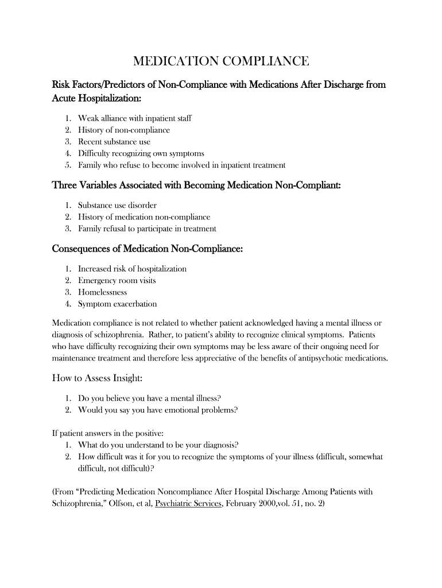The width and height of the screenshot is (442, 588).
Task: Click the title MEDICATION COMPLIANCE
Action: [221, 61]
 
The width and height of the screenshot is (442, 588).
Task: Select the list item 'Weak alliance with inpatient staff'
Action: [135, 118]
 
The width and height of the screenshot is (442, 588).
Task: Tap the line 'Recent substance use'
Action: [114, 142]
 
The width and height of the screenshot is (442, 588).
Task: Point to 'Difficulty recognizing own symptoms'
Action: [141, 153]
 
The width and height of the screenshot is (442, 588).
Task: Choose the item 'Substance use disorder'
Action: [117, 205]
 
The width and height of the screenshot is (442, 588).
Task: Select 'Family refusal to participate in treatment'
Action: [147, 229]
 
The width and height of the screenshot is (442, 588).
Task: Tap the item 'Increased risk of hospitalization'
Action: [132, 269]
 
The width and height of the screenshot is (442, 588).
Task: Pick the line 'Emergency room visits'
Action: [117, 281]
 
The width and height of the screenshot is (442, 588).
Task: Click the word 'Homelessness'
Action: [103, 292]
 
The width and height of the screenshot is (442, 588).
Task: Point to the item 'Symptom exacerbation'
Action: [117, 304]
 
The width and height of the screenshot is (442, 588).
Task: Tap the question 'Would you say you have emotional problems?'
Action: [158, 410]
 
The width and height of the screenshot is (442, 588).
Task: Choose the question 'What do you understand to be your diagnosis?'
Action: [158, 445]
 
